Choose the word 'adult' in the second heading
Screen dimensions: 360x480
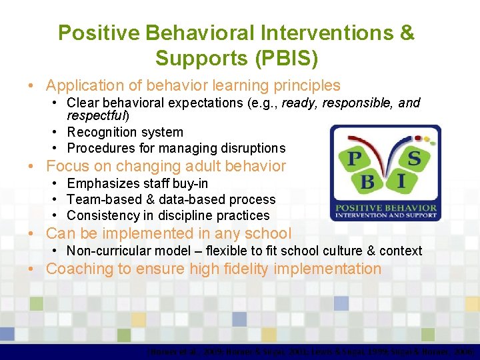(x=189, y=166)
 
